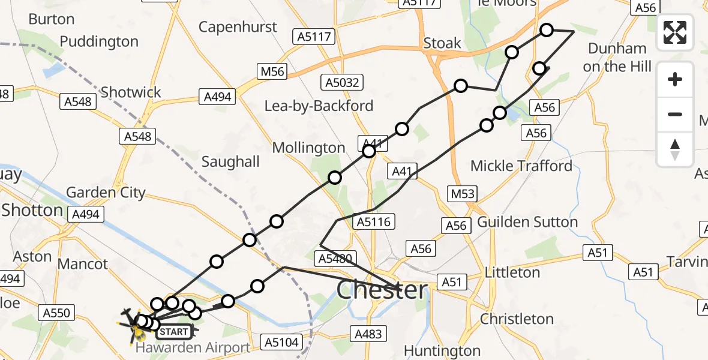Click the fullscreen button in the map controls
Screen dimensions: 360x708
(x=675, y=32)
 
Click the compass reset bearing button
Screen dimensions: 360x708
(x=675, y=149)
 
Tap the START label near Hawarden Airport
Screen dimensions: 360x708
(x=175, y=331)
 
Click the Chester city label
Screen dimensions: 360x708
(x=382, y=290)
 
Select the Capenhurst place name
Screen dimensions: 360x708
(x=238, y=27)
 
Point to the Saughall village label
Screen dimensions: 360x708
(x=230, y=161)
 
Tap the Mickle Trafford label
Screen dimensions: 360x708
(x=521, y=166)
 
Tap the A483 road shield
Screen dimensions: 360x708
(x=368, y=334)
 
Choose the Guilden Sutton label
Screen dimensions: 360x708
(x=527, y=223)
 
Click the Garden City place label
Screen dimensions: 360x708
(x=106, y=193)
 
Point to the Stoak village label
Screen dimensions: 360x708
(x=442, y=43)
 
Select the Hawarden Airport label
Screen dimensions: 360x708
(x=193, y=348)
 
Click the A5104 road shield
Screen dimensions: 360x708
(x=280, y=343)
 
